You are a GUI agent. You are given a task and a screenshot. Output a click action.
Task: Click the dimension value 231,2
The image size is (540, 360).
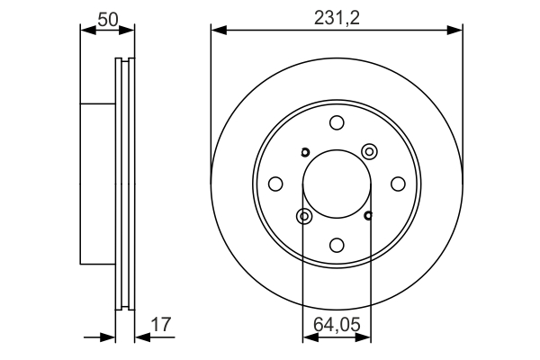(x=337, y=16)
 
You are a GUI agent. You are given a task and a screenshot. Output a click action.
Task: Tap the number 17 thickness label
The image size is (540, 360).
(x=161, y=323)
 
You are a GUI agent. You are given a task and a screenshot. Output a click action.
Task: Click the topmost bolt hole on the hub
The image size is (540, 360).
(x=337, y=123)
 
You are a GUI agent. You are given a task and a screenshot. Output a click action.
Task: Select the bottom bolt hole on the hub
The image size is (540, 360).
(x=337, y=244)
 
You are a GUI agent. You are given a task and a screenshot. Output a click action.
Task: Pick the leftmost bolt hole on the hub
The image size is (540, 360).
(x=276, y=184)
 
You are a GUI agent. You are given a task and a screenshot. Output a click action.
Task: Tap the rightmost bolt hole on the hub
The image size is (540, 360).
(x=397, y=184)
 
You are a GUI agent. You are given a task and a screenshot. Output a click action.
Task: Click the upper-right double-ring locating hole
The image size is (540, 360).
(x=368, y=150)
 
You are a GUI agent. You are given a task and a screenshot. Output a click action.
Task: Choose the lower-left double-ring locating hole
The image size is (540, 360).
(x=304, y=216)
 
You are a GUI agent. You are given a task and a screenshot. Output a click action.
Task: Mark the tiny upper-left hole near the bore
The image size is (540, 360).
(x=304, y=151)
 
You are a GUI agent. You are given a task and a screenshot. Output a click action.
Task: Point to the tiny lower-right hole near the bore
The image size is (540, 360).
(x=369, y=215)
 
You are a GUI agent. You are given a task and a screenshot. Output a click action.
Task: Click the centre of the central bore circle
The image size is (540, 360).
(x=337, y=184)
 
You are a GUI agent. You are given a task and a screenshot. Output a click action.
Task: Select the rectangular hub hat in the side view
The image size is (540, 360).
(x=99, y=184)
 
